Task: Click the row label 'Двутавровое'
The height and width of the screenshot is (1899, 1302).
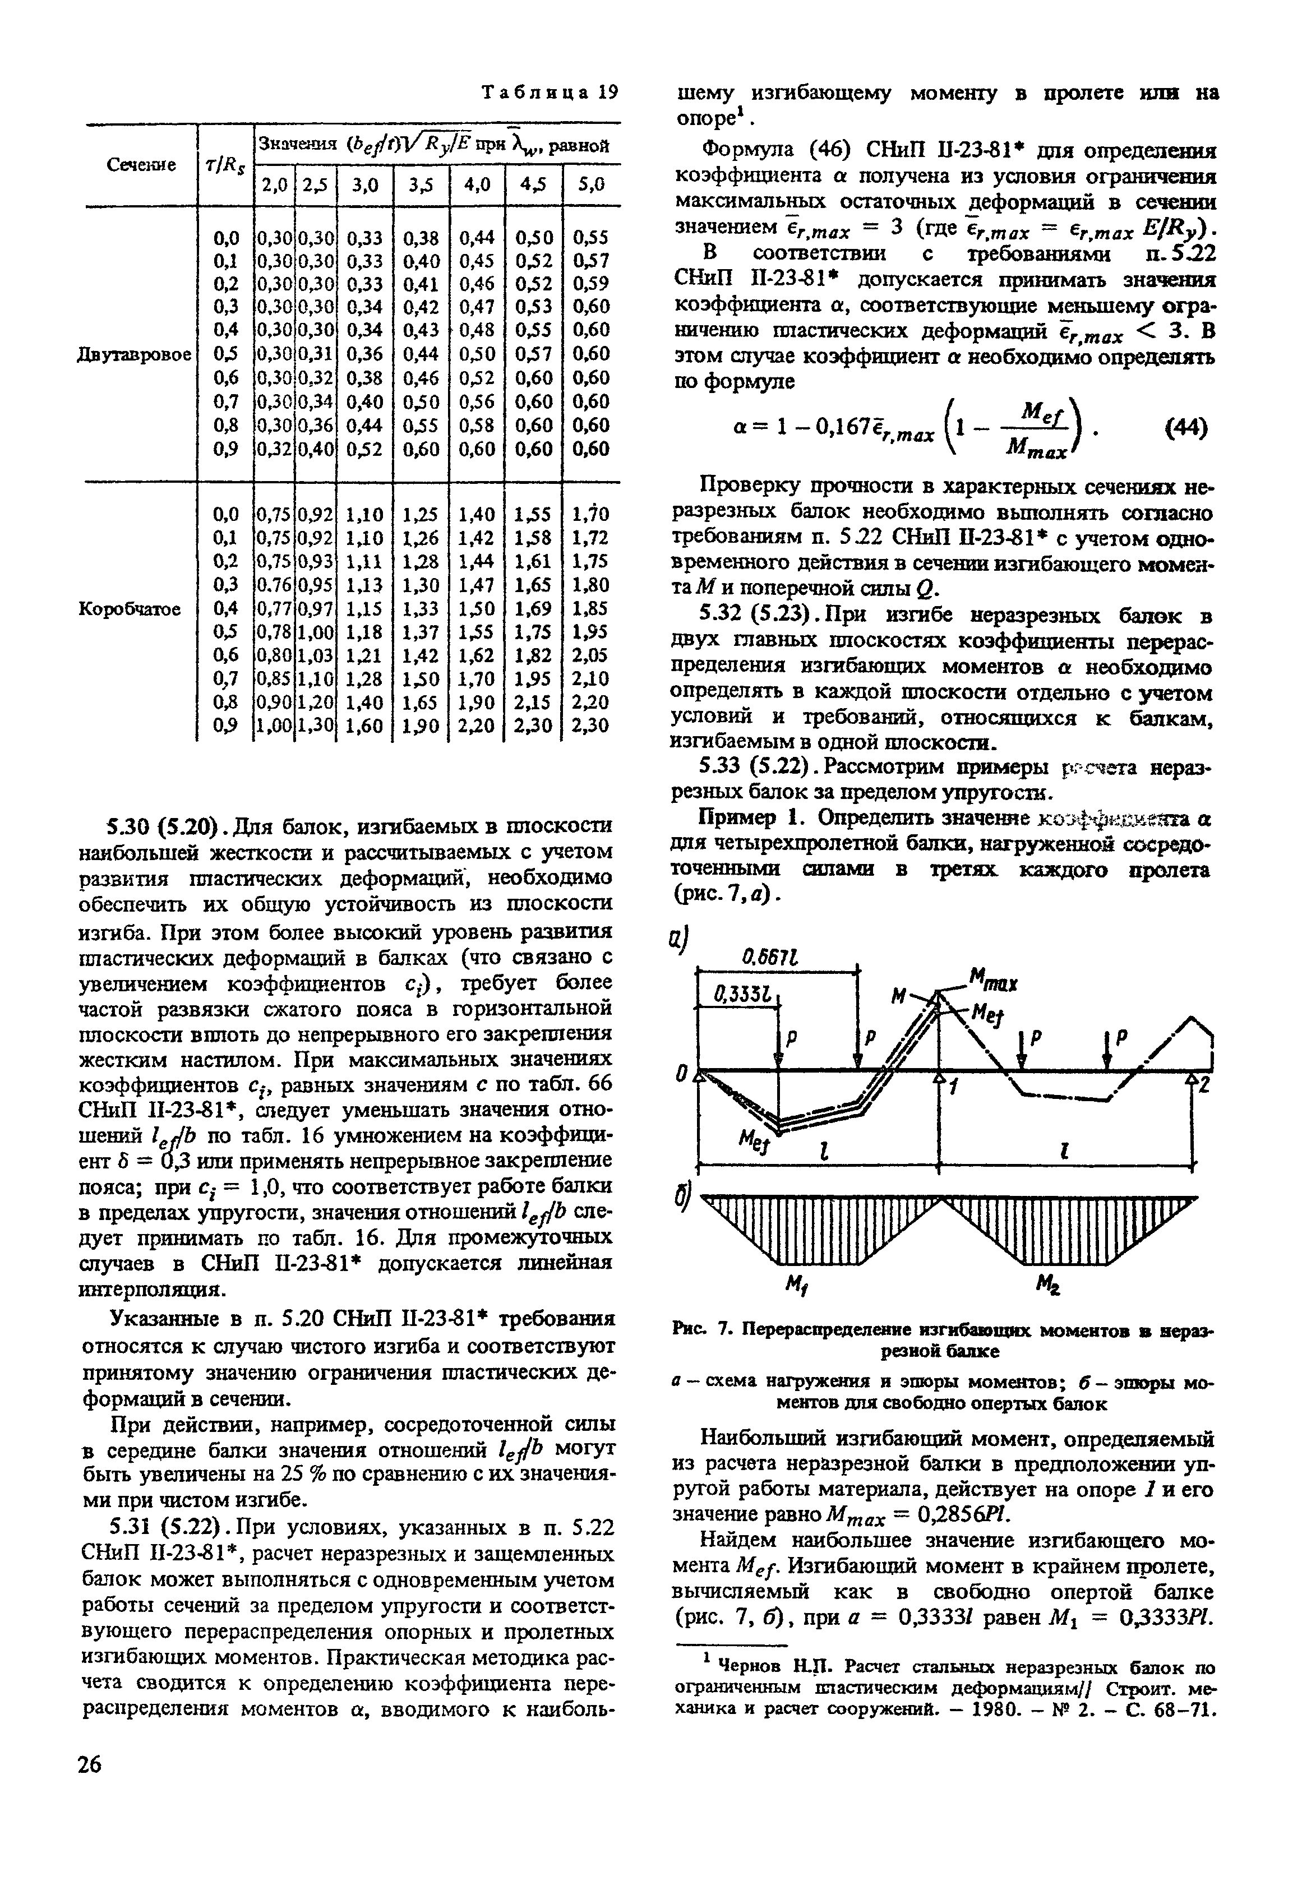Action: click(135, 355)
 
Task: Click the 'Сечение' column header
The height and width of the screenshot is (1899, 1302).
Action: click(141, 165)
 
